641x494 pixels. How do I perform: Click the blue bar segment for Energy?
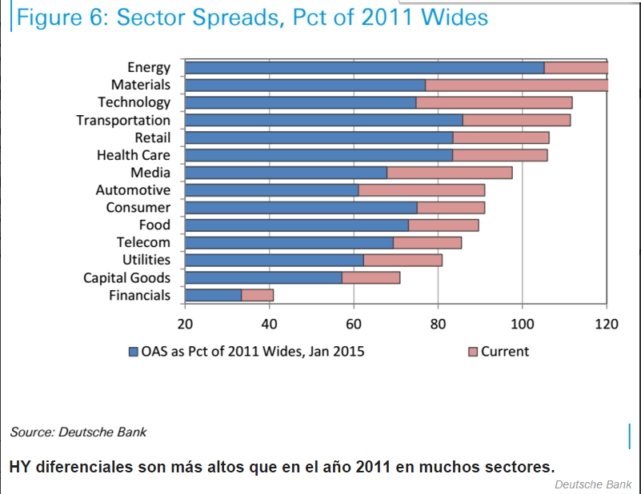click(364, 68)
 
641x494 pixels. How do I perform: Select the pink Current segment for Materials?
click(516, 85)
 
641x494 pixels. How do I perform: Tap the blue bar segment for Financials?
click(214, 296)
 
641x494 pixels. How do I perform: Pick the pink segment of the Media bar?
click(449, 173)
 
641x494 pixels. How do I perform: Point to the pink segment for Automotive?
click(421, 190)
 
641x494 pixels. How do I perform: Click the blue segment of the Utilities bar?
click(274, 261)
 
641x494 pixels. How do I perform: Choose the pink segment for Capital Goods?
click(371, 278)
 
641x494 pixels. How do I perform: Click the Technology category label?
click(134, 102)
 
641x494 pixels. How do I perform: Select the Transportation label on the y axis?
click(123, 120)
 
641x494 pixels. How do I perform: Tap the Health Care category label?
click(133, 155)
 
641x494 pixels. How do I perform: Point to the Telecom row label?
click(143, 242)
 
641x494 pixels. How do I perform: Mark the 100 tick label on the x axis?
click(522, 324)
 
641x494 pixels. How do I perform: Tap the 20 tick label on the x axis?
click(185, 324)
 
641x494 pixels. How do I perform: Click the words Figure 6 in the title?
click(60, 18)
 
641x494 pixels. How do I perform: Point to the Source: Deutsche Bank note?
click(78, 432)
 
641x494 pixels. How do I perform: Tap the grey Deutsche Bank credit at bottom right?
click(593, 484)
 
